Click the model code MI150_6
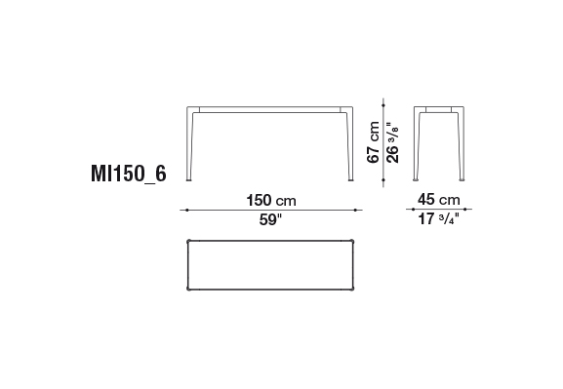pyautogui.click(x=129, y=175)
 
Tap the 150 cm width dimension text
pyautogui.click(x=271, y=200)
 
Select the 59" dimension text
pyautogui.click(x=271, y=219)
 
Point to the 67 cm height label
pyautogui.click(x=373, y=142)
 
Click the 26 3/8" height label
pyautogui.click(x=392, y=142)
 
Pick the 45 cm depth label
pyautogui.click(x=439, y=200)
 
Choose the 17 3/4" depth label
pyautogui.click(x=439, y=218)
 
